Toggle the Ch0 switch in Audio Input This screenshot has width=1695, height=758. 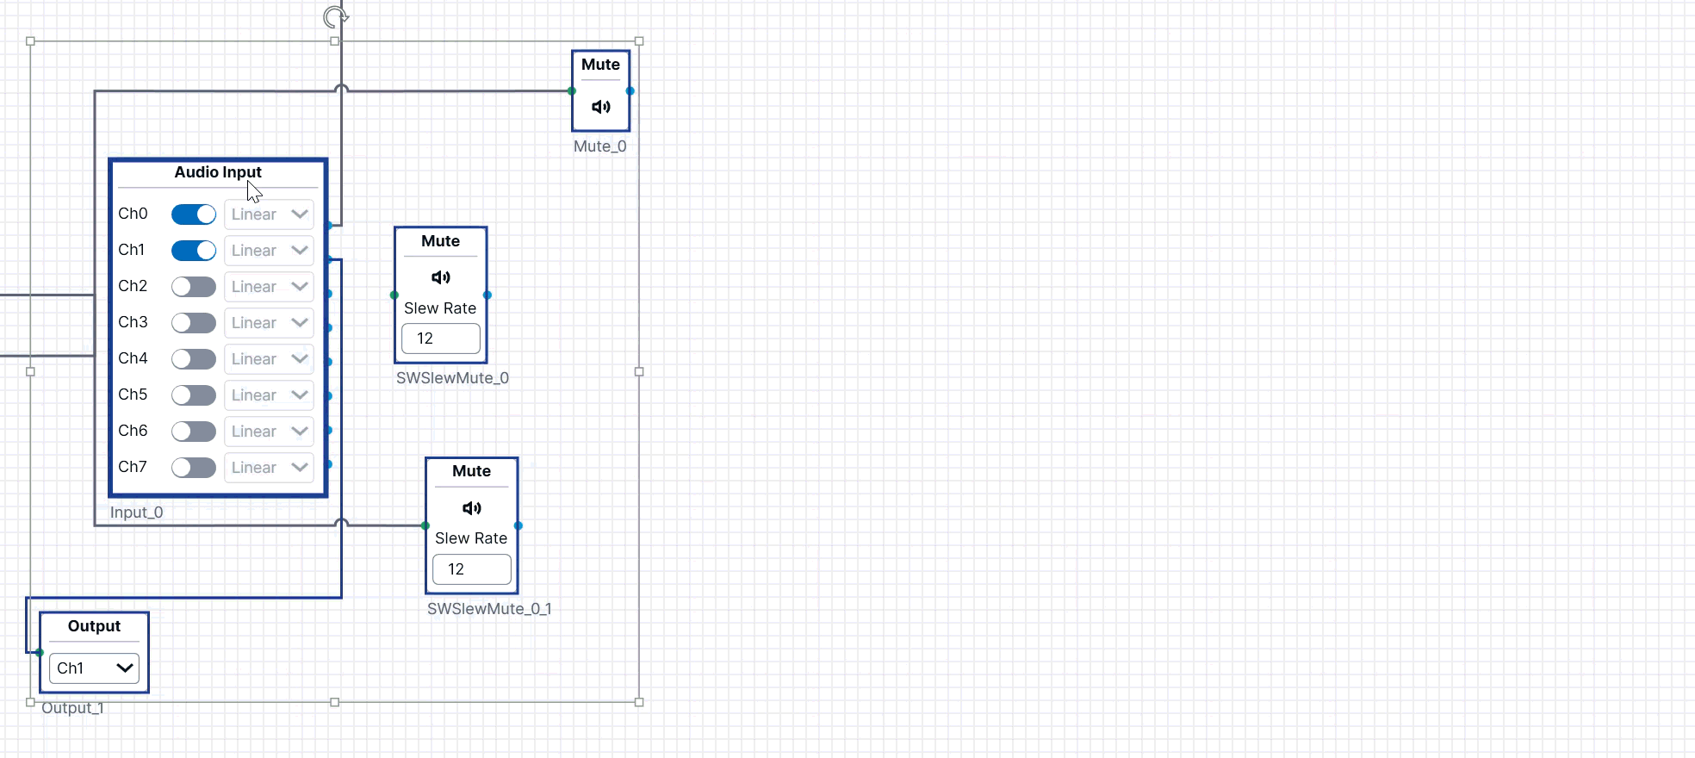pos(194,214)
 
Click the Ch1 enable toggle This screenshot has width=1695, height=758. pos(194,250)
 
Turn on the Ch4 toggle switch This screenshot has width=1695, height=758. pos(194,358)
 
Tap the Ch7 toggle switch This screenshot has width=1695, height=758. pos(194,467)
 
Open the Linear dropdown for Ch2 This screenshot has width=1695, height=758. pos(269,287)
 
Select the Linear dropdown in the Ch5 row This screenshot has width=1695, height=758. pos(269,395)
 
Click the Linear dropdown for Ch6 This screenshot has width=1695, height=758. pos(269,432)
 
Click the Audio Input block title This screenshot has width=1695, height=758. pos(218,172)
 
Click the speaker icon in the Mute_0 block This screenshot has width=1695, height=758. pos(601,107)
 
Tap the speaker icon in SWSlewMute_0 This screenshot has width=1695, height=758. pos(441,277)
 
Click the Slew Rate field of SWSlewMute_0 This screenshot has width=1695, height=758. pos(441,339)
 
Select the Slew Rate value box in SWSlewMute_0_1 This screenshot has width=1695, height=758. pos(472,569)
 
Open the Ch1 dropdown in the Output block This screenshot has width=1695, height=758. pos(95,668)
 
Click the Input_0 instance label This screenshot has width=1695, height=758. pos(136,513)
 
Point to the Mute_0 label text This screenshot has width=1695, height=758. pos(600,146)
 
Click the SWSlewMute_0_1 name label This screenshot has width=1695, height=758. pos(489,609)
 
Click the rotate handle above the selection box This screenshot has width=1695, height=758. pos(335,16)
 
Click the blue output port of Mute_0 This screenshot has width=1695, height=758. pos(630,90)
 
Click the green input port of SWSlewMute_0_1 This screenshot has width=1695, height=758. pos(425,525)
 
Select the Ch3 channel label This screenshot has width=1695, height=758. pos(133,322)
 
